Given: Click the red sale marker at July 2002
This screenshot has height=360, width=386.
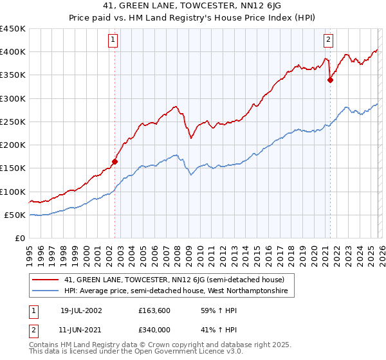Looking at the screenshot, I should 115,162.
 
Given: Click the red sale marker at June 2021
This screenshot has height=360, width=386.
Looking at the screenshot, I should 330,80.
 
